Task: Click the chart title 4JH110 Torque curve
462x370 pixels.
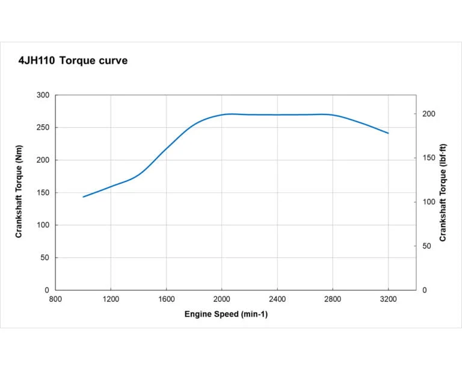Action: coord(73,61)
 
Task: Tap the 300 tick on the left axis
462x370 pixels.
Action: coord(43,95)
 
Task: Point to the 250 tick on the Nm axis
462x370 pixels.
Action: coord(43,128)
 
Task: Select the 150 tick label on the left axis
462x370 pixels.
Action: coord(43,193)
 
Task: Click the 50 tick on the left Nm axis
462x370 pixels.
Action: coord(45,258)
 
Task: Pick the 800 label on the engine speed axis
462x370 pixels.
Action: coord(55,299)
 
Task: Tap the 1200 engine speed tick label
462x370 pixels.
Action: coord(111,299)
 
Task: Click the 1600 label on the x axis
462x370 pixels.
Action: coord(167,299)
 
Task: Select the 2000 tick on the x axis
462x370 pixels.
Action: coord(222,299)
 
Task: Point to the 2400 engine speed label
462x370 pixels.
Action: coord(277,299)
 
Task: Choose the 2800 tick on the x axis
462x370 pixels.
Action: coord(333,299)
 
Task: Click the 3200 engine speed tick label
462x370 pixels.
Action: coord(389,299)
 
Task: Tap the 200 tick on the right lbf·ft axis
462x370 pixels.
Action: coord(428,114)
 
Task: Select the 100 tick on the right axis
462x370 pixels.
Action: coord(428,202)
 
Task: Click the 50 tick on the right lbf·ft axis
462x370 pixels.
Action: coord(427,246)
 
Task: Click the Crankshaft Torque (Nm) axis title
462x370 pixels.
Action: coord(19,192)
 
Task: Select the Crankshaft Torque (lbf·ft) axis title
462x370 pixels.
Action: coord(443,192)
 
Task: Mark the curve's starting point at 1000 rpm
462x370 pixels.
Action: coord(83,196)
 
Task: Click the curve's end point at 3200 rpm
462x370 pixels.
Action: coord(389,133)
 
